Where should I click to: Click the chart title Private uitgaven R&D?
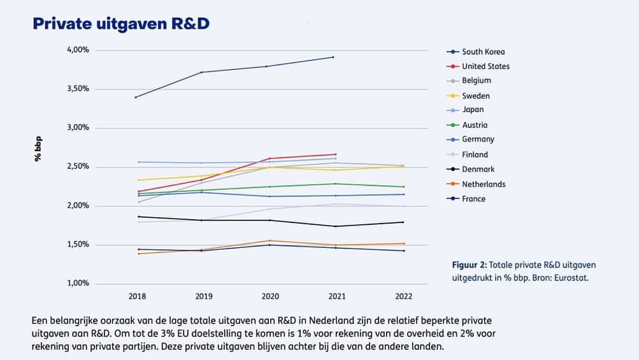[121, 24]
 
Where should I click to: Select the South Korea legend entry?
[483, 52]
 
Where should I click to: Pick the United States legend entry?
[485, 66]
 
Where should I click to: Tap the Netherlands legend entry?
[484, 184]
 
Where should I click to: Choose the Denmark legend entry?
[478, 169]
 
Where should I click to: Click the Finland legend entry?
[475, 155]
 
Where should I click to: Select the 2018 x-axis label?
[137, 296]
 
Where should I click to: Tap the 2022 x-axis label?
[403, 296]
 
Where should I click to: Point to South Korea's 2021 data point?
[336, 57]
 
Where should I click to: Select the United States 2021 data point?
[336, 154]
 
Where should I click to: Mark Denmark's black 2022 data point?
[403, 222]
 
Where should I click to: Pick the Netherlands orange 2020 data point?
[269, 241]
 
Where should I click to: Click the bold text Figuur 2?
[469, 265]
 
